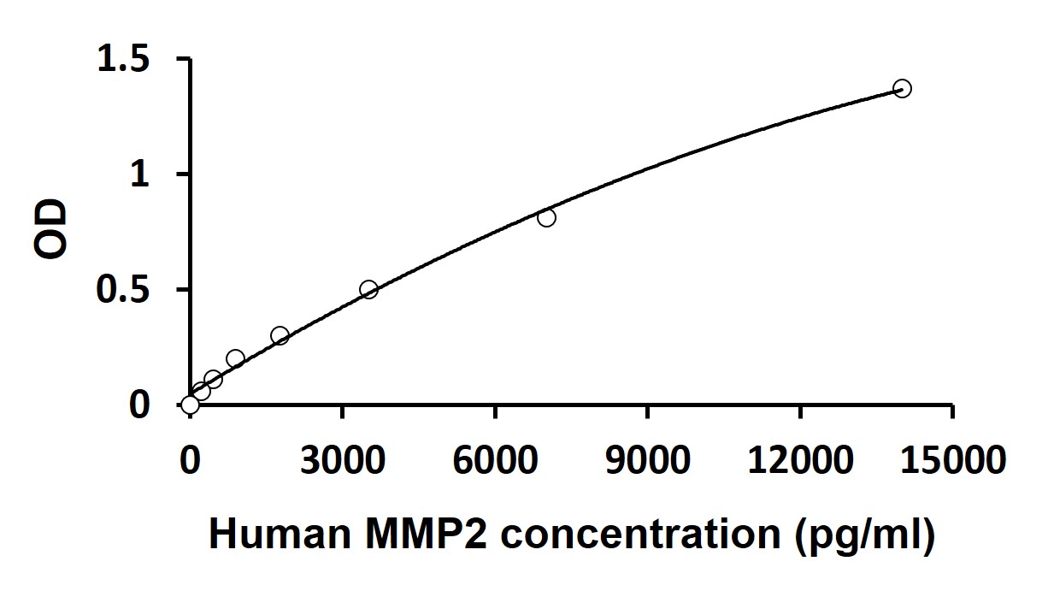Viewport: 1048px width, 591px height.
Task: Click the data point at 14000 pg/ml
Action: [902, 88]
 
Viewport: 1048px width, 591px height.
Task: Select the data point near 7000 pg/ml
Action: [546, 218]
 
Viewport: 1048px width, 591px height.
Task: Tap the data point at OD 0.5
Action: [368, 289]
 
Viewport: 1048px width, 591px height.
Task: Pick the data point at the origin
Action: [190, 405]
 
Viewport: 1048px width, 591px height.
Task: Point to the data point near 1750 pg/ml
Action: [280, 335]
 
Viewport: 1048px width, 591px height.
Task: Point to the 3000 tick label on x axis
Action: [342, 461]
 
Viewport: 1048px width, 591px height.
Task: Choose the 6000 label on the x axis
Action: [495, 461]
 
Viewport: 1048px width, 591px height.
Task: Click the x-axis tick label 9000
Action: [647, 461]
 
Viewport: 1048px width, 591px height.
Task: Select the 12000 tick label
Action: [799, 461]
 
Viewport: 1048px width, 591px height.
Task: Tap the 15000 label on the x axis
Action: [952, 461]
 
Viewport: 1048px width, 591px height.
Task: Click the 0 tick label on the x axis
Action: [190, 461]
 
